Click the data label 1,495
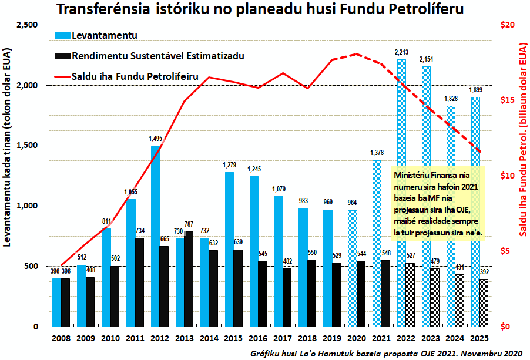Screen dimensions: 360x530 (156, 139)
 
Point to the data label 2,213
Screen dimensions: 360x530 (402, 53)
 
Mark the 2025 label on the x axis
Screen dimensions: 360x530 (479, 339)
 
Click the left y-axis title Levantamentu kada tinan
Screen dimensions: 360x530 (9, 176)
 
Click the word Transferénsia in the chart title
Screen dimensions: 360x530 (105, 10)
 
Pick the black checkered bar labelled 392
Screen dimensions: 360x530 (484, 302)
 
